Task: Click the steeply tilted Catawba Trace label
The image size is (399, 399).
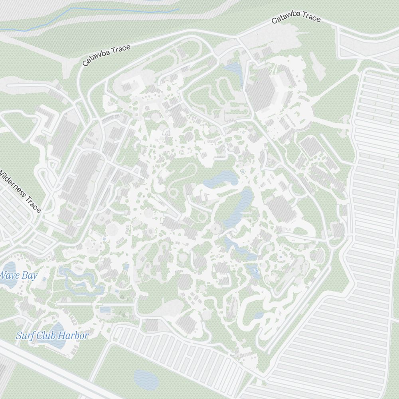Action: [x=107, y=55]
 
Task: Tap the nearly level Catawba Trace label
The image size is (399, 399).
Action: [x=296, y=18]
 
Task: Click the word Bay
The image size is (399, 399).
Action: [x=30, y=275]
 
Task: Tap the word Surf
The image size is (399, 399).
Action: [x=25, y=336]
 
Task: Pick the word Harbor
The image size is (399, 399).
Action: [x=73, y=336]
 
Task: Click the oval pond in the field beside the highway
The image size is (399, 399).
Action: [x=146, y=379]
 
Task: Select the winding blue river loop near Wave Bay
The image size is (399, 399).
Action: [x=80, y=281]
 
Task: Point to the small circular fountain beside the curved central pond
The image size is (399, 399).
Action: [x=242, y=172]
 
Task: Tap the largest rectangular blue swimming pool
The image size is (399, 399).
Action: [x=106, y=310]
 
